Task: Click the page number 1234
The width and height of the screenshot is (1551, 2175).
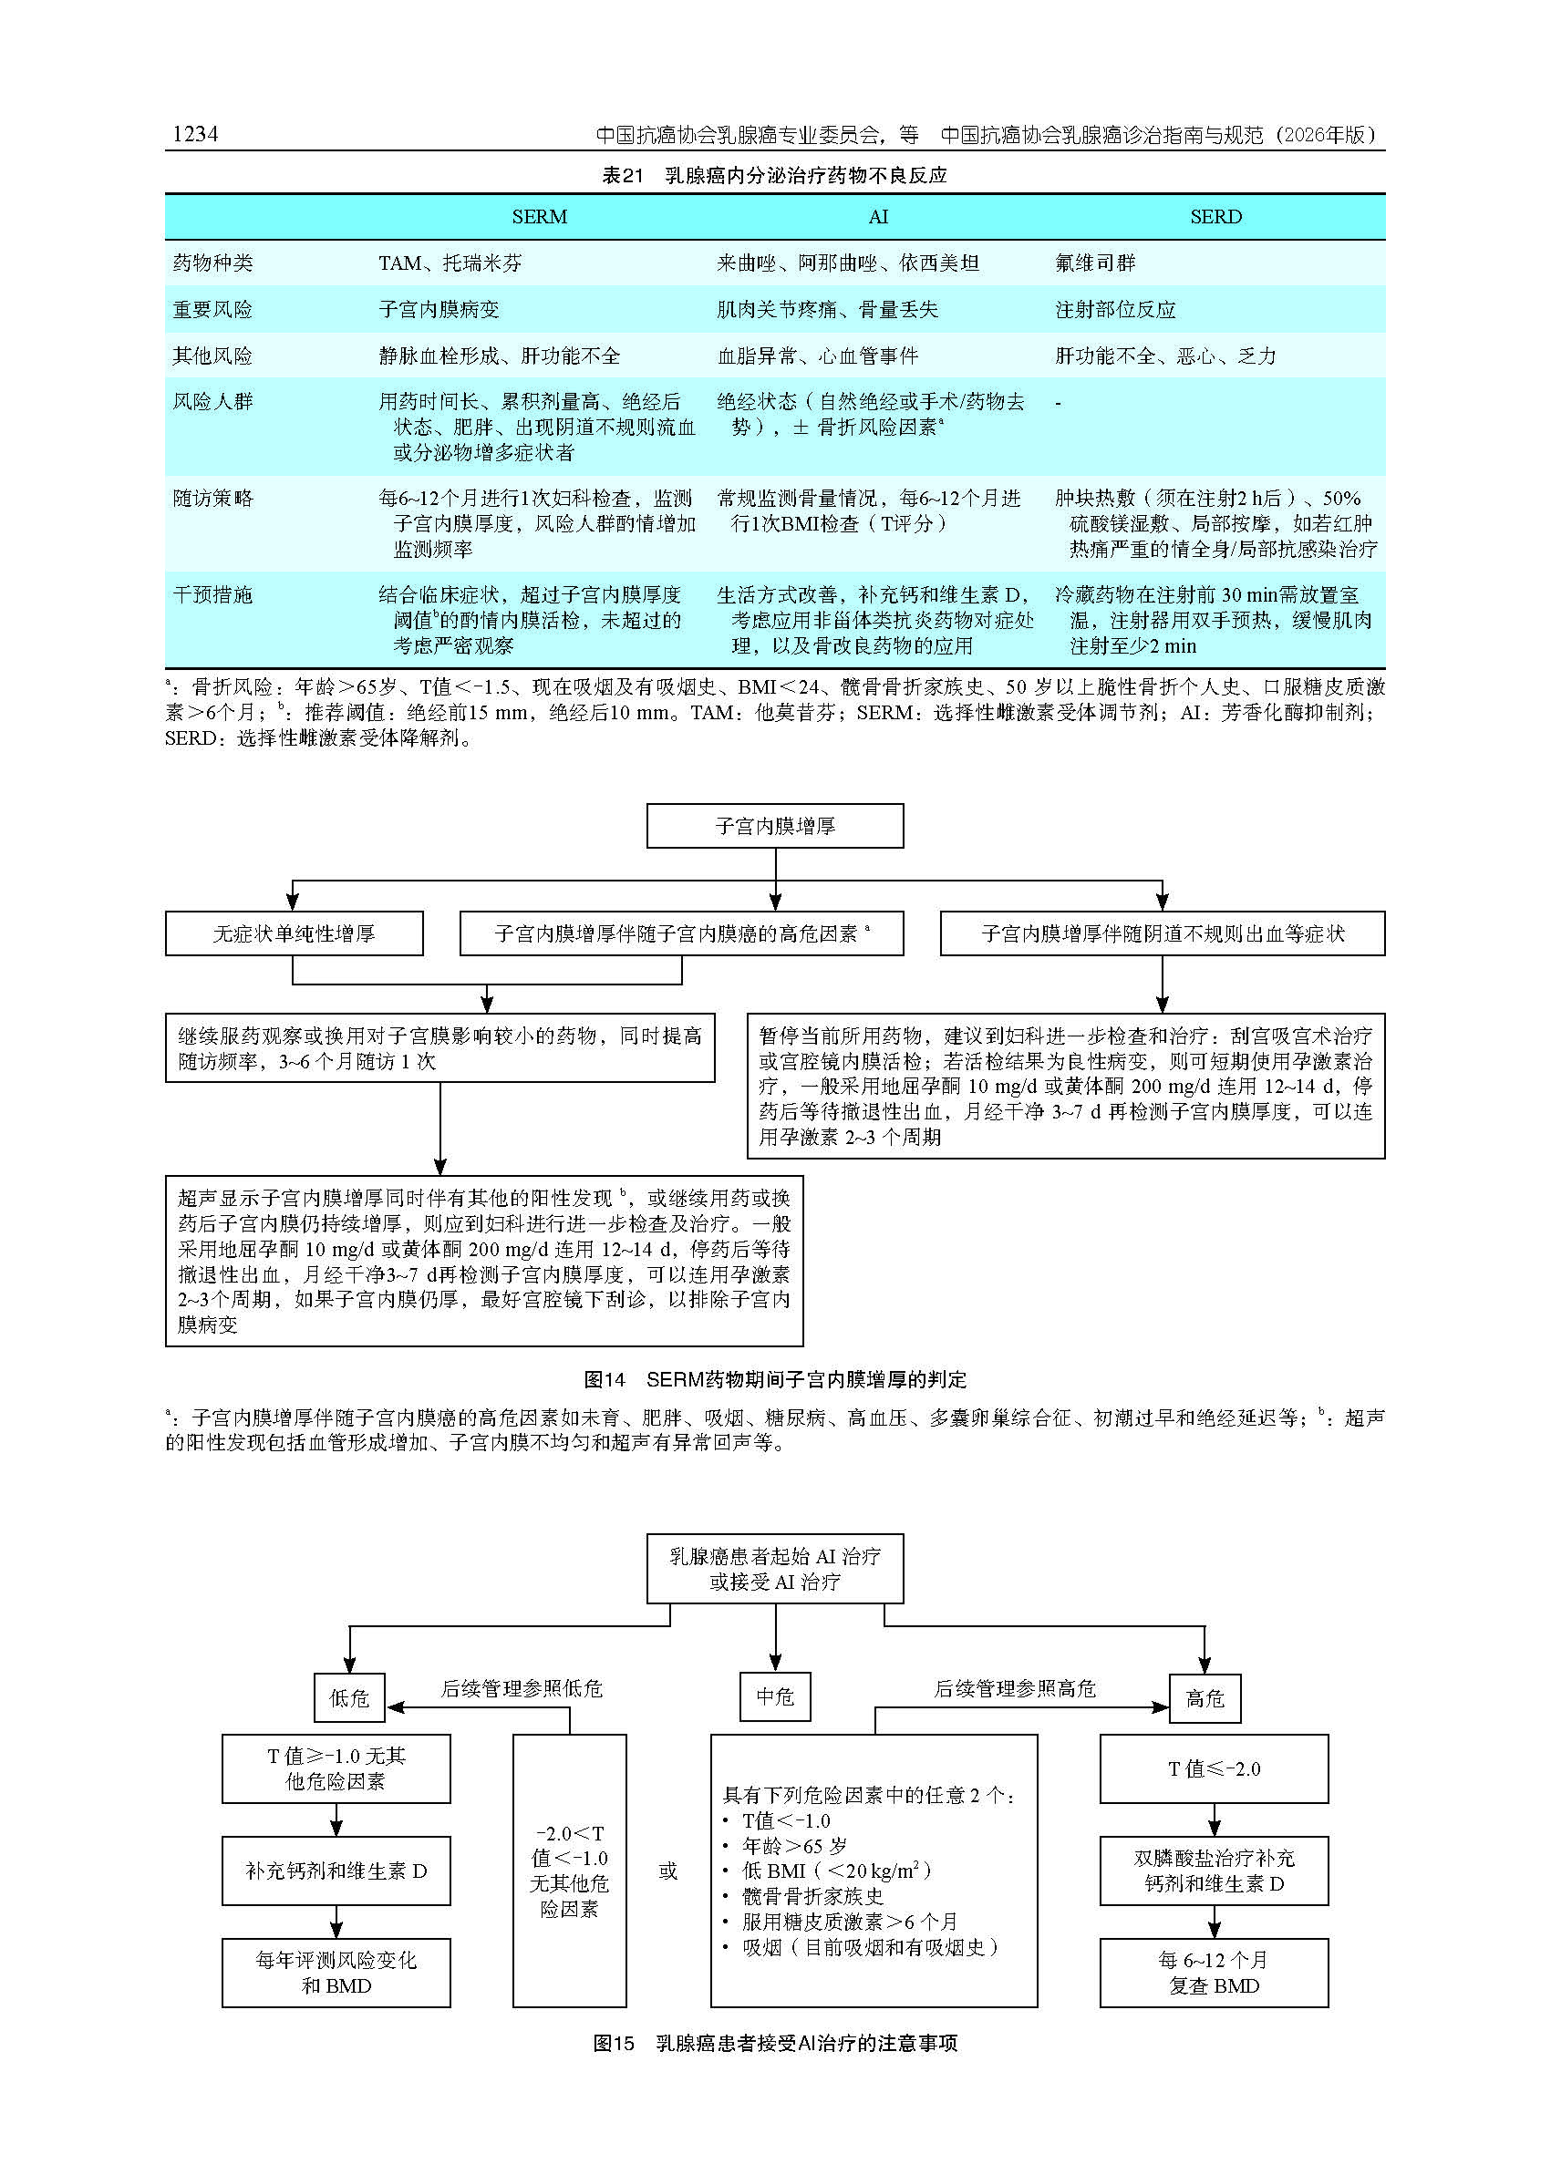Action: [195, 135]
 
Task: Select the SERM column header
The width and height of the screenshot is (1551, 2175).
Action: [539, 218]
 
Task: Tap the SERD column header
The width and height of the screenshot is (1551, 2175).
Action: [1215, 218]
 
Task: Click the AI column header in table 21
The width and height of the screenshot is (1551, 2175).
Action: [878, 218]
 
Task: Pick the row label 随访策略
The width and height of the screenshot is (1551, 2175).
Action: [212, 499]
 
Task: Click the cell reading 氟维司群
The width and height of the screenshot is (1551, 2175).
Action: [1094, 263]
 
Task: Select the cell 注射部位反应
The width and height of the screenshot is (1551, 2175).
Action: [1114, 310]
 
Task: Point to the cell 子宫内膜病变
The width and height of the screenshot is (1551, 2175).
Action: [439, 310]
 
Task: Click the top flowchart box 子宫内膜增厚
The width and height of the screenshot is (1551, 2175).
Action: [774, 826]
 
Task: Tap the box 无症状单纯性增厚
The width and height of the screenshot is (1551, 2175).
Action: [295, 933]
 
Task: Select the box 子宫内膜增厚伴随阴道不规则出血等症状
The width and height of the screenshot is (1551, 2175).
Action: [1162, 933]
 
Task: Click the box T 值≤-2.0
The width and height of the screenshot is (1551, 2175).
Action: [1213, 1769]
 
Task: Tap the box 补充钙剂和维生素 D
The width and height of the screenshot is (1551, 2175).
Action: [336, 1871]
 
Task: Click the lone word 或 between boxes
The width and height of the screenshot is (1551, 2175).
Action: [667, 1871]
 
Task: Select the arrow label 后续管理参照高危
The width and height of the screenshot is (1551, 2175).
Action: [1014, 1688]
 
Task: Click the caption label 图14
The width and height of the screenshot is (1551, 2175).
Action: [605, 1380]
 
